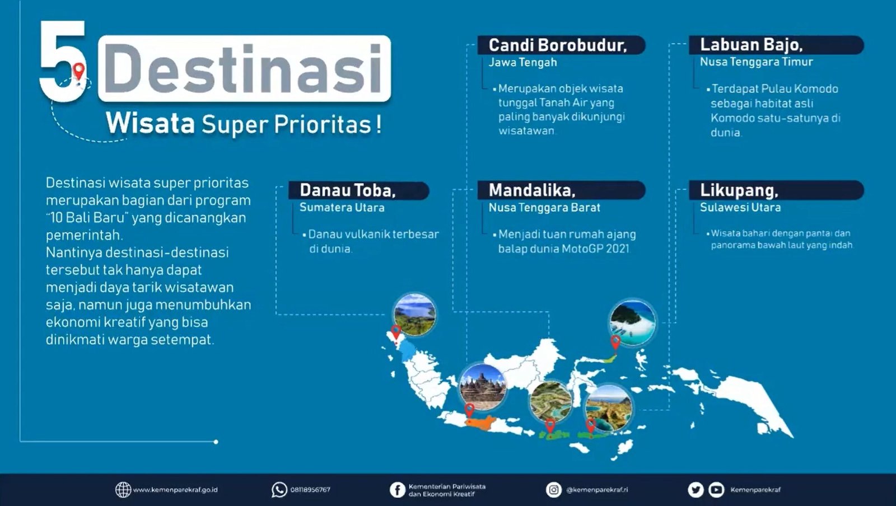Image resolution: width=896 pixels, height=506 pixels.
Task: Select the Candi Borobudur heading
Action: pyautogui.click(x=558, y=45)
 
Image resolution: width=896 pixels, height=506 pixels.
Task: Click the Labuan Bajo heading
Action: pyautogui.click(x=751, y=45)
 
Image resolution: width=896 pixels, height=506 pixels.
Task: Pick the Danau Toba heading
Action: pyautogui.click(x=348, y=190)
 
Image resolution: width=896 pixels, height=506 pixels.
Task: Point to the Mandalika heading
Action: pyautogui.click(x=532, y=190)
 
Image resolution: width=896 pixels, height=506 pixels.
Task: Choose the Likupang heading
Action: pyautogui.click(x=739, y=190)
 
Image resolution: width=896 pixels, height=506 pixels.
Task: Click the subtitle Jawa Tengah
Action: pyautogui.click(x=523, y=62)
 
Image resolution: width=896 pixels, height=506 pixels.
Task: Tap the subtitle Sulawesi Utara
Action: pyautogui.click(x=740, y=208)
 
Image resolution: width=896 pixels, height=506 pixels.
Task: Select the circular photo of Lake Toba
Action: pyautogui.click(x=414, y=315)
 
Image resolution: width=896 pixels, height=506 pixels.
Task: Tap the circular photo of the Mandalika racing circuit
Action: pyautogui.click(x=551, y=401)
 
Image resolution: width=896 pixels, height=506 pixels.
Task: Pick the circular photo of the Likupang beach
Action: pyautogui.click(x=632, y=322)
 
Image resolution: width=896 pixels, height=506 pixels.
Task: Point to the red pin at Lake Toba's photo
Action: pyautogui.click(x=396, y=332)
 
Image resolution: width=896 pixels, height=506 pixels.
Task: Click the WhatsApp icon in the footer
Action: pyautogui.click(x=279, y=490)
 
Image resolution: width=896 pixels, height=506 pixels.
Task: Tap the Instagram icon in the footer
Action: pyautogui.click(x=554, y=490)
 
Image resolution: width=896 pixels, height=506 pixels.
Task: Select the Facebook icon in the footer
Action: pyautogui.click(x=398, y=490)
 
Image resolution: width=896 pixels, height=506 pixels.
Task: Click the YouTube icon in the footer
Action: pyautogui.click(x=716, y=490)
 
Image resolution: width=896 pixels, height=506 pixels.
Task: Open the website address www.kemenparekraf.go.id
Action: pyautogui.click(x=175, y=490)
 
